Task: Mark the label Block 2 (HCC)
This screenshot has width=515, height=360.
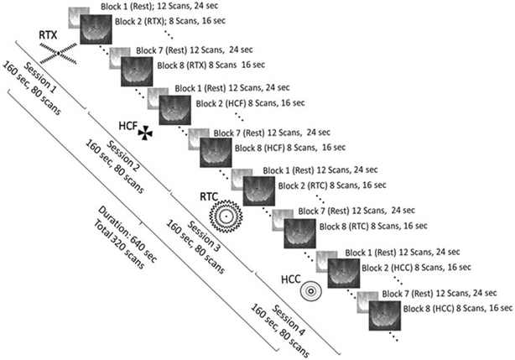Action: click(389, 267)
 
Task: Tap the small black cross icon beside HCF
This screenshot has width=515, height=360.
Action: click(147, 130)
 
